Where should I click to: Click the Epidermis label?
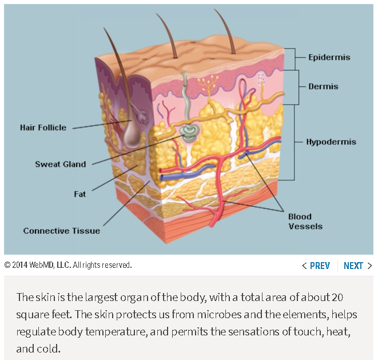[x=329, y=57]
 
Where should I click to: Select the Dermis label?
[x=323, y=86]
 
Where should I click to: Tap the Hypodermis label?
[x=331, y=141]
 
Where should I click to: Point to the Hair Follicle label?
[x=43, y=128]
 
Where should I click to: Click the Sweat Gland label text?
[x=61, y=164]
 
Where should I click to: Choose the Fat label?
[x=80, y=194]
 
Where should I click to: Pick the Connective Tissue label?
[x=62, y=231]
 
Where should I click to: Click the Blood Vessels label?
[x=305, y=221]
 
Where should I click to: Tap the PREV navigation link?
[x=316, y=266]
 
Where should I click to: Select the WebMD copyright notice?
[x=68, y=265]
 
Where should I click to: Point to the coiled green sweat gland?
[x=188, y=133]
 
